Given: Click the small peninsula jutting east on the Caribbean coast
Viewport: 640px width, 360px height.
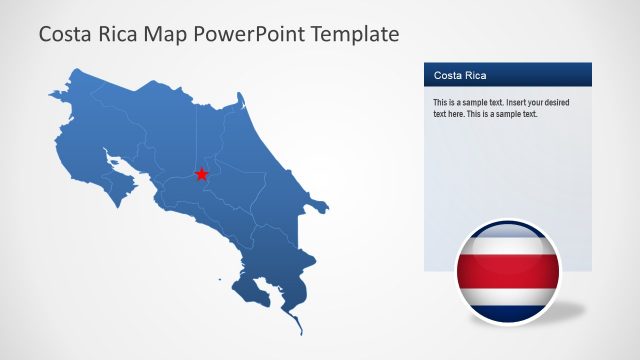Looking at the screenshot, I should coord(321,208).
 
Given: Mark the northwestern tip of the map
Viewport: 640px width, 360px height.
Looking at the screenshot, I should coord(52,94).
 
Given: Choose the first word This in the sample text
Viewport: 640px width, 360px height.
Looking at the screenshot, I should coord(441,103).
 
